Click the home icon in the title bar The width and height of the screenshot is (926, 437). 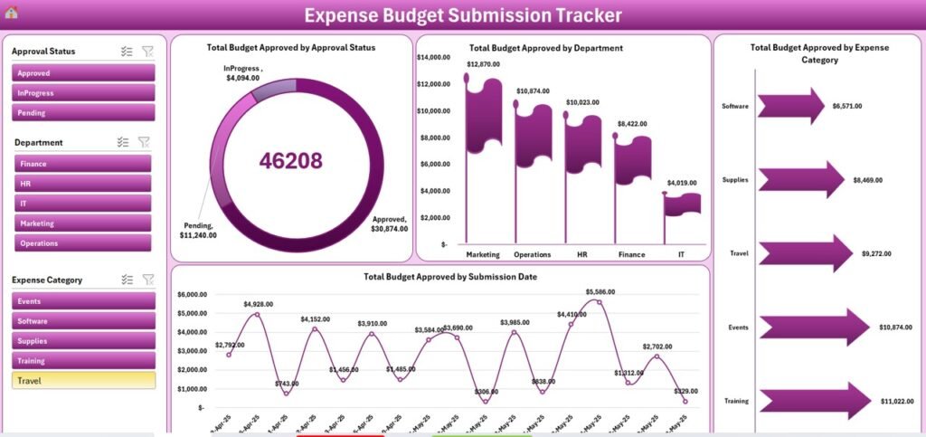[x=11, y=13]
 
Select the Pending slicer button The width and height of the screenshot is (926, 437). [x=83, y=113]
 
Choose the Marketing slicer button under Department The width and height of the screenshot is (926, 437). [x=82, y=223]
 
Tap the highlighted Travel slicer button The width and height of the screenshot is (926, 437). [x=83, y=381]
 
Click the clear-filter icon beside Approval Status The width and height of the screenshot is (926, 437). [x=147, y=52]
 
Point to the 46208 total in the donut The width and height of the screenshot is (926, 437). [x=290, y=161]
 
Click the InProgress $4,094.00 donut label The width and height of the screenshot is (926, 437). [x=243, y=73]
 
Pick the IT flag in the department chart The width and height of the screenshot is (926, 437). [x=682, y=204]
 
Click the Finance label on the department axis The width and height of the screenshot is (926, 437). [x=631, y=255]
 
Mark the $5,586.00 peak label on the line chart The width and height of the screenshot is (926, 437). [x=600, y=291]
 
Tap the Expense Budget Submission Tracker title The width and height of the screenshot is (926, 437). [x=462, y=15]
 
